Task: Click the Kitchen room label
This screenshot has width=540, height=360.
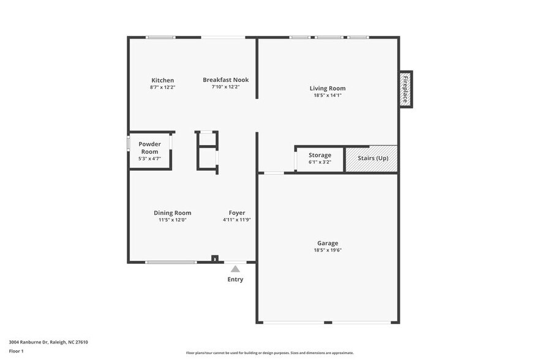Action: click(x=163, y=80)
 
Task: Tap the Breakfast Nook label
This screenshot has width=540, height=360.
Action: click(x=225, y=80)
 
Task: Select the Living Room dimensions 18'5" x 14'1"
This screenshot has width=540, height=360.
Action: click(x=328, y=95)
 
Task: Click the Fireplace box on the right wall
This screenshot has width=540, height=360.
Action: click(x=405, y=89)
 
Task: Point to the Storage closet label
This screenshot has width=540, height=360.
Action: click(x=320, y=156)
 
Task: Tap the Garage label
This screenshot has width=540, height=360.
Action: click(x=328, y=243)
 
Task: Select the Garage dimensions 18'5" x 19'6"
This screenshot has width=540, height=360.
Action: click(x=328, y=250)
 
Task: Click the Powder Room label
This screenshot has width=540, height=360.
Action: click(x=149, y=148)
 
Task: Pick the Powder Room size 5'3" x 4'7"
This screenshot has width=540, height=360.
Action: click(x=149, y=159)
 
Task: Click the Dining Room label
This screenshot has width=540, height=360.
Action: click(x=172, y=212)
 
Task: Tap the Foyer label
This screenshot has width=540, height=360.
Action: click(x=237, y=212)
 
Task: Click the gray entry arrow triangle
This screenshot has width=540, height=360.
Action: click(x=235, y=269)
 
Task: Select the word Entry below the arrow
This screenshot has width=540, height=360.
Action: click(x=235, y=280)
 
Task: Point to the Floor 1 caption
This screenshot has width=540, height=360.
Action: click(x=17, y=351)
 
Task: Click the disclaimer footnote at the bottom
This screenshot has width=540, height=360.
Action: click(x=270, y=353)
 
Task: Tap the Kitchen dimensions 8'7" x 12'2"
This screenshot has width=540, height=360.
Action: click(x=163, y=87)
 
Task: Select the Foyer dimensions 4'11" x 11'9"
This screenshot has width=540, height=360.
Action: click(x=237, y=219)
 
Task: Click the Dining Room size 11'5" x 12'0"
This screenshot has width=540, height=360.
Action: click(x=172, y=219)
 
